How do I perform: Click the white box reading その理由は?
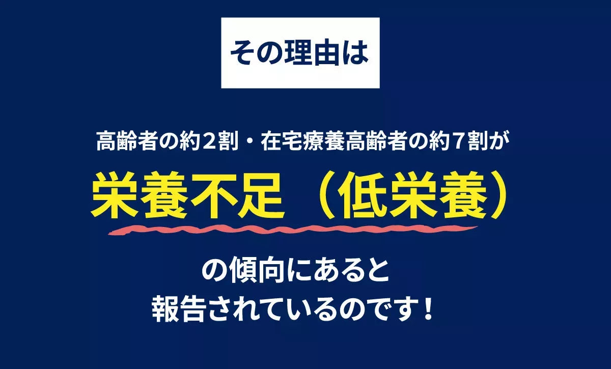pyautogui.click(x=300, y=53)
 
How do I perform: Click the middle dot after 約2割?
pyautogui.click(x=249, y=141)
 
